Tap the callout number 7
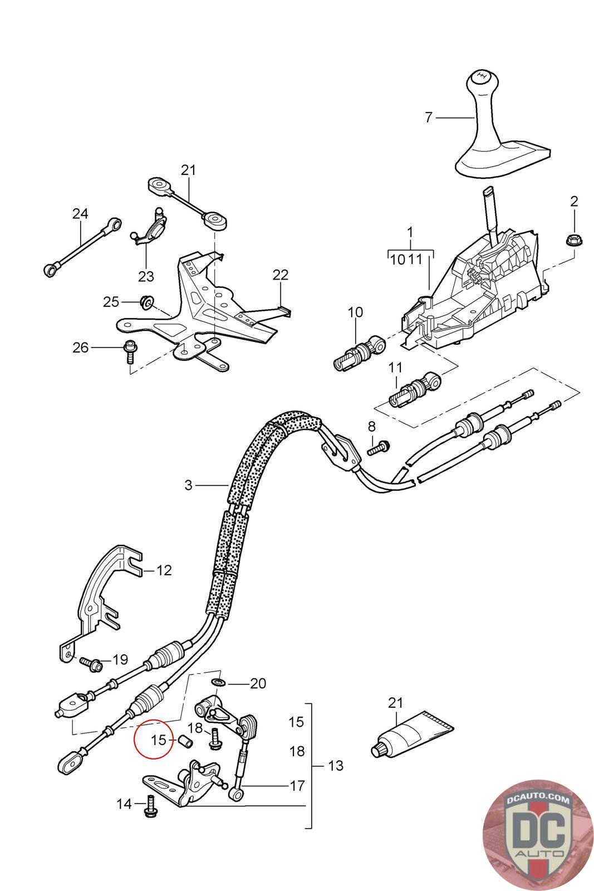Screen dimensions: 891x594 [428, 118]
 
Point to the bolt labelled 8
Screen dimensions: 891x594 [380, 447]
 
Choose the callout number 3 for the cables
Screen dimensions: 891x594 [188, 485]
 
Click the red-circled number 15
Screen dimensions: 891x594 [159, 740]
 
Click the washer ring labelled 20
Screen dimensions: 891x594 [218, 683]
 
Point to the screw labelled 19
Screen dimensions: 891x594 [90, 663]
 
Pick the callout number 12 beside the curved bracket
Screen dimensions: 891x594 [164, 570]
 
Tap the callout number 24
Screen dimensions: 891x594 [80, 213]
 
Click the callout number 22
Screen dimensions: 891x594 [281, 275]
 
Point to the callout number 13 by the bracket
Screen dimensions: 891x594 [336, 766]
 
